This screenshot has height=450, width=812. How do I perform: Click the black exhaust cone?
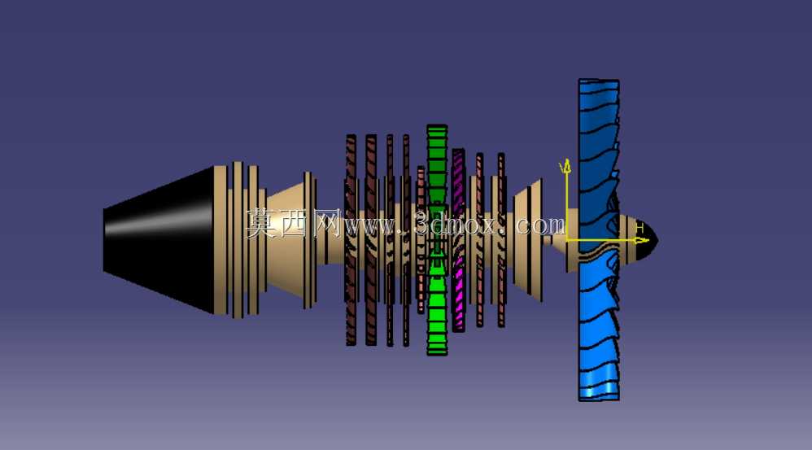pyautogui.click(x=159, y=240)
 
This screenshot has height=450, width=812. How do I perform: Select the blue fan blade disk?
pyautogui.click(x=599, y=240)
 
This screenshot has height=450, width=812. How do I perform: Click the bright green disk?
pyautogui.click(x=437, y=240)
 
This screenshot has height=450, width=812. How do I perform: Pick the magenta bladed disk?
pyautogui.click(x=458, y=240)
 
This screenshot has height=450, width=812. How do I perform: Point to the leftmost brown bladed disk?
pyautogui.click(x=351, y=240)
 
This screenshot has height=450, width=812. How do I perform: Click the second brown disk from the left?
pyautogui.click(x=371, y=240)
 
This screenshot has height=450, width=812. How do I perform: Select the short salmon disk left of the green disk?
pyautogui.click(x=421, y=240)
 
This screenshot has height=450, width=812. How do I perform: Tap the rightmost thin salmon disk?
pyautogui.click(x=500, y=240)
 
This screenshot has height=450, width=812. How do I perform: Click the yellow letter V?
pyautogui.click(x=562, y=167)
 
